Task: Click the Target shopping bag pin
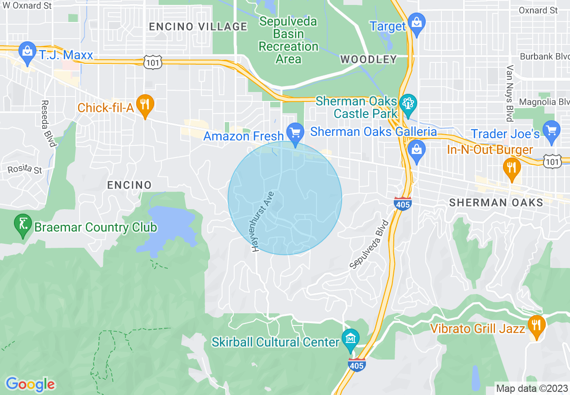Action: coord(417,23)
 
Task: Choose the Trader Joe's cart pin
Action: coord(551,131)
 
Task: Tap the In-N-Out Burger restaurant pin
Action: coord(511,168)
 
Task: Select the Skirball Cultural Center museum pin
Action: coord(350,339)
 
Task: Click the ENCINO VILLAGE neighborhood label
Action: coord(198,26)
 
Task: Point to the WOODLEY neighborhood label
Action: coord(368,59)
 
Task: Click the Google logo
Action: coord(30,384)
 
